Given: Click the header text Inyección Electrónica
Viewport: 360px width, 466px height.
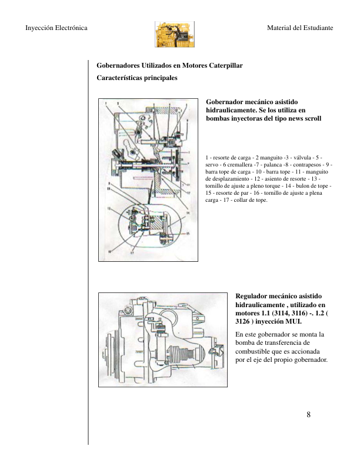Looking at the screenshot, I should [x=56, y=28].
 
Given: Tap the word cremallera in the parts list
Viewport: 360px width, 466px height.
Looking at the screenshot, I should [x=237, y=165].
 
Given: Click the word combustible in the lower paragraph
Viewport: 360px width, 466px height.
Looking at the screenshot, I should [x=254, y=351].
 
